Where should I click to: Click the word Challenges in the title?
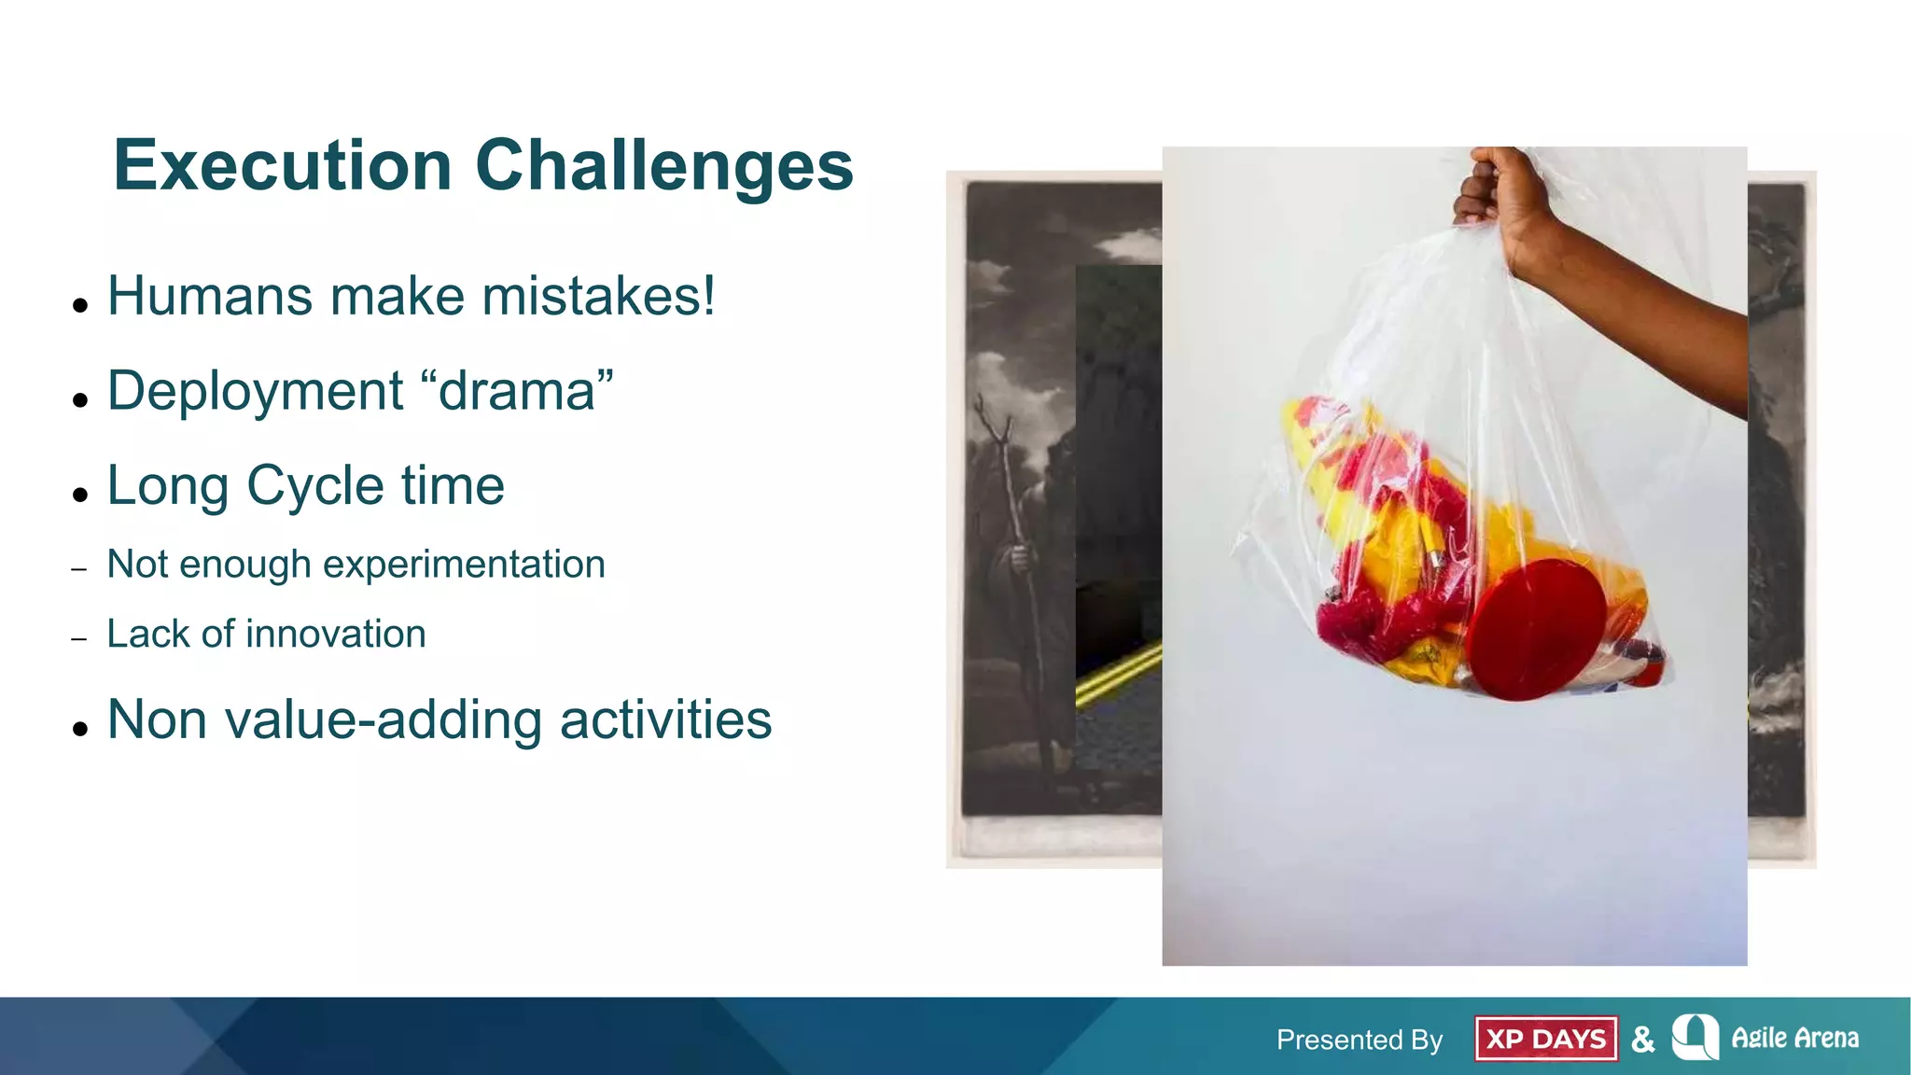point(663,166)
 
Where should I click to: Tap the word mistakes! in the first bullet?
point(598,297)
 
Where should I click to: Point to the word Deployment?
point(255,391)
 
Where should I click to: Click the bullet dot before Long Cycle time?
point(80,494)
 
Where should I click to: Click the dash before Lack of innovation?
point(79,639)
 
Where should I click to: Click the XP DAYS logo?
point(1545,1039)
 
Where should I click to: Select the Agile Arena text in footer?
point(1794,1038)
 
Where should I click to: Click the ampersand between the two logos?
point(1643,1039)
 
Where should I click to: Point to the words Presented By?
point(1359,1040)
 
